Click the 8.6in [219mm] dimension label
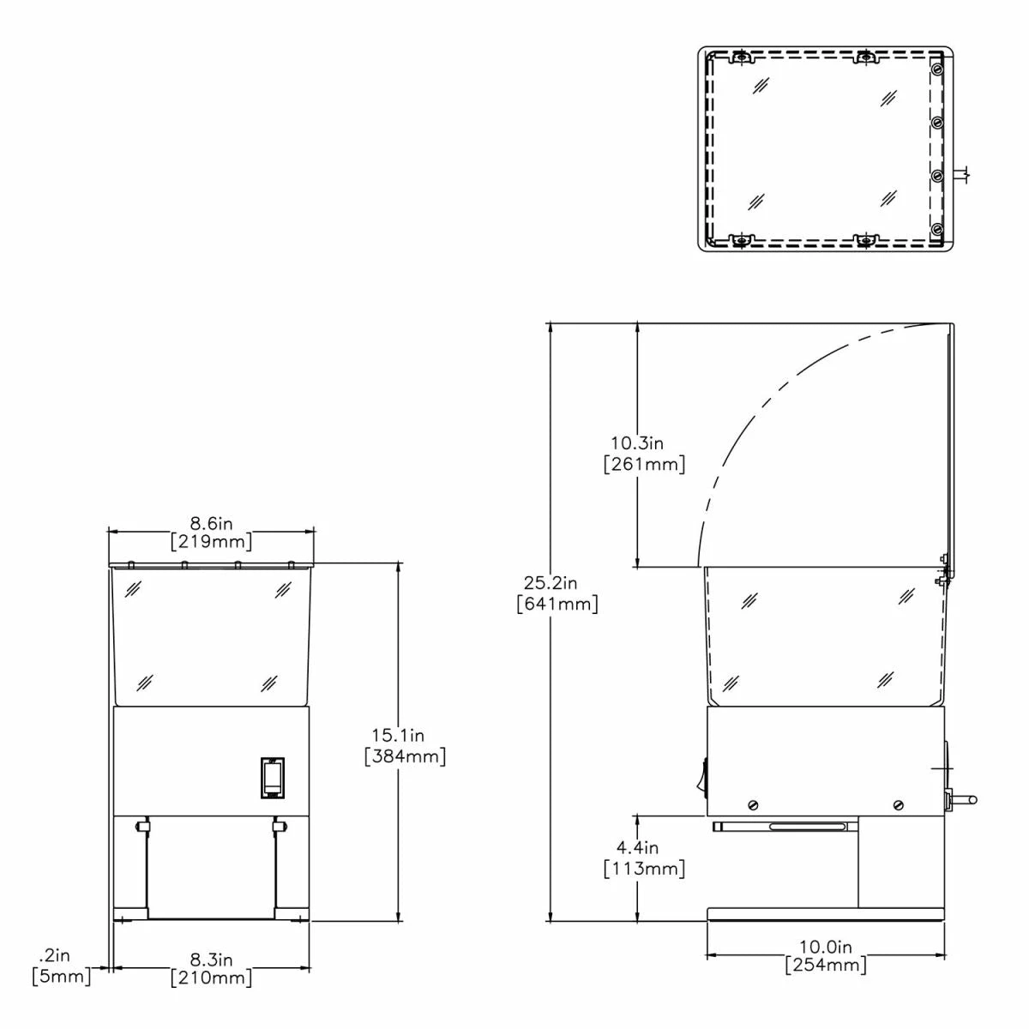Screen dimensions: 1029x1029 click(x=211, y=533)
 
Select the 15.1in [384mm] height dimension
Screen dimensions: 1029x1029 click(x=404, y=746)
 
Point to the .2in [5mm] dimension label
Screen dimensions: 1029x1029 click(x=60, y=966)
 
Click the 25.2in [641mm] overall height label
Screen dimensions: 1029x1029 click(x=557, y=593)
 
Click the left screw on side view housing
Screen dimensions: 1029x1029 click(x=753, y=805)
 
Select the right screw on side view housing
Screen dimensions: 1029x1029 click(x=898, y=805)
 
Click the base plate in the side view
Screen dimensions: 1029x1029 click(x=825, y=915)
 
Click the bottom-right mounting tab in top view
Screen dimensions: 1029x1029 click(x=867, y=239)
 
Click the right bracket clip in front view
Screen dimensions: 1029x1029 click(x=278, y=827)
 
